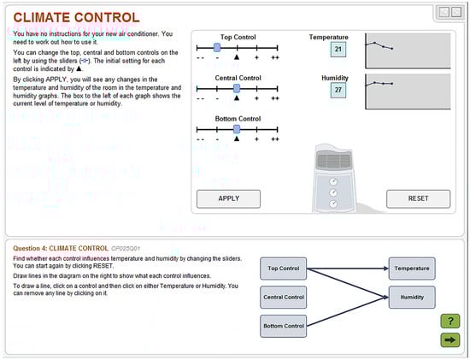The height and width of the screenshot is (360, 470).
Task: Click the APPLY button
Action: pos(228,198)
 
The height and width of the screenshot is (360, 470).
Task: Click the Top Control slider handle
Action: pos(217,48)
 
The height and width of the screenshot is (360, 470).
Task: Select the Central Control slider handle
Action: pos(237,88)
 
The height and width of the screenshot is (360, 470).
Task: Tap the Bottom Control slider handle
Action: pos(237,128)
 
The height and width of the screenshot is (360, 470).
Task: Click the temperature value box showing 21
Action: pos(338,50)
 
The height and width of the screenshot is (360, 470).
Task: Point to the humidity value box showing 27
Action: pos(338,90)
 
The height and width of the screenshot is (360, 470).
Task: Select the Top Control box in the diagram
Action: pos(283,269)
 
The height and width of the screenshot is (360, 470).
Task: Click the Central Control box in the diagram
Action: pos(283,298)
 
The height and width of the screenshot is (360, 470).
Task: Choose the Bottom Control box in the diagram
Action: pos(283,326)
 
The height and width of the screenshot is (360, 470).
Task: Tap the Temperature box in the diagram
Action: pos(412,269)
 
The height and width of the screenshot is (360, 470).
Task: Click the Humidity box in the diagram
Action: pos(412,298)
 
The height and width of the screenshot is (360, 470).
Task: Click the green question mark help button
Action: pos(449,322)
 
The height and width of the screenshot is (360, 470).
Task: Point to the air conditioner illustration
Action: pos(332,177)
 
